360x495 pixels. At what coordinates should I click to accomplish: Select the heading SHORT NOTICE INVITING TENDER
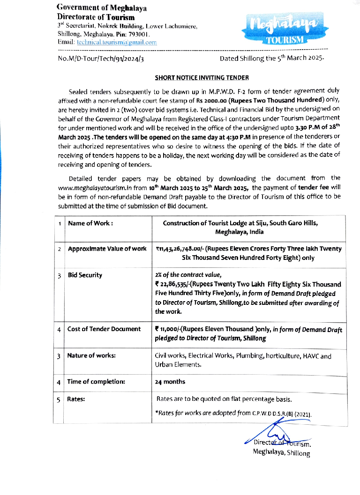click(202, 78)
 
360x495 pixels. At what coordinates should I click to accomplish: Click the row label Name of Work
click(90, 223)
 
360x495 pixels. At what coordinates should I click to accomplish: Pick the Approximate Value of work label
click(107, 249)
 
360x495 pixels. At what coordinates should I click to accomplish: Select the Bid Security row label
click(85, 275)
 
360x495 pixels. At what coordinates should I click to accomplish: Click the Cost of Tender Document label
click(104, 329)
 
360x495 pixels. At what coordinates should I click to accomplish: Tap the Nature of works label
click(92, 356)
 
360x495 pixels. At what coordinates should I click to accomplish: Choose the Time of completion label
click(96, 382)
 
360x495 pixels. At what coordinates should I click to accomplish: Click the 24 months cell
click(170, 382)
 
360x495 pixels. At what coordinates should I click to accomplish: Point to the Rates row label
click(76, 399)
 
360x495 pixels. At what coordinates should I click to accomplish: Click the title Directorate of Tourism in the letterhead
click(96, 17)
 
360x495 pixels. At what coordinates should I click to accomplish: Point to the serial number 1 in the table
click(60, 224)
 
